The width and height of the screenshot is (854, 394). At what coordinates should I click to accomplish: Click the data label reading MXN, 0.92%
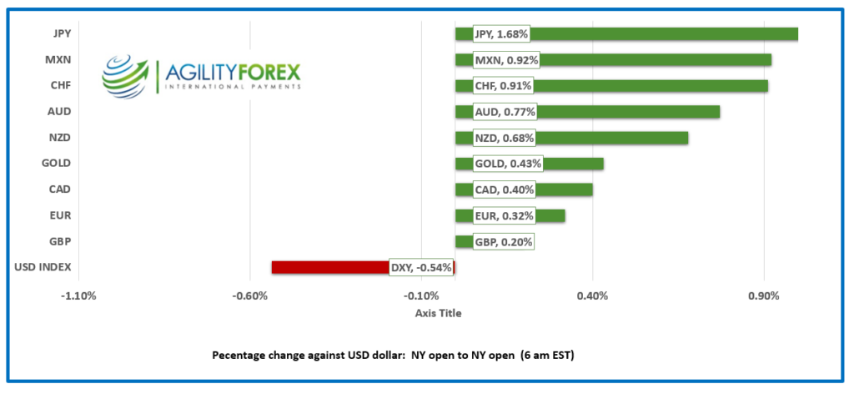tap(506, 60)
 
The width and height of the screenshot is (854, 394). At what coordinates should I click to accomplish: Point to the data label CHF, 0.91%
tap(503, 86)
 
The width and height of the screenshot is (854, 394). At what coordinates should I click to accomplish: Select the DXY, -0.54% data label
tap(421, 268)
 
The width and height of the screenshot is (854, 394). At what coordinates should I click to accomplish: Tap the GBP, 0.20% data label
tap(503, 242)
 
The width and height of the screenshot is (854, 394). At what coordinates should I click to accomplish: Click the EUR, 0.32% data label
tap(503, 216)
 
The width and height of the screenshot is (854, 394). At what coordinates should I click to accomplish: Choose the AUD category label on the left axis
tap(60, 112)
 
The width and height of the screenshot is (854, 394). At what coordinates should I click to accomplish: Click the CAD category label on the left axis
tap(60, 189)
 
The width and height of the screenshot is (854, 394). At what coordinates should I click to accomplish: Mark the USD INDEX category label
tap(43, 267)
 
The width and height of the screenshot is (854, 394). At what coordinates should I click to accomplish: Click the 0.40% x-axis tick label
tap(592, 295)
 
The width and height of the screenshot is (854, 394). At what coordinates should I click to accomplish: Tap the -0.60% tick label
tap(250, 295)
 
